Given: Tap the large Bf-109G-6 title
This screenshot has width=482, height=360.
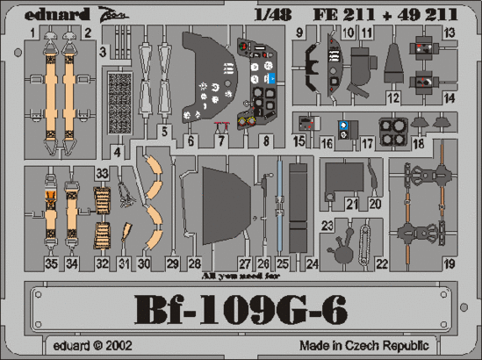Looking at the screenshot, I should [x=241, y=309].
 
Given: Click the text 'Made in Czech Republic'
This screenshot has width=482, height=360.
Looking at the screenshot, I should [x=399, y=345].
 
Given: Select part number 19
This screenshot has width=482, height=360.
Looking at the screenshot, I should [x=450, y=262].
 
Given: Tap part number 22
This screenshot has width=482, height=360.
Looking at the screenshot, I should [x=381, y=263].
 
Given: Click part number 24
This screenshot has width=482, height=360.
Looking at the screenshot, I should [x=312, y=263].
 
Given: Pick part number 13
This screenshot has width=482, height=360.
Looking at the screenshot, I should [x=450, y=33].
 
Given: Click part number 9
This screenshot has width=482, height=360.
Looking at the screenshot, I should [x=299, y=33].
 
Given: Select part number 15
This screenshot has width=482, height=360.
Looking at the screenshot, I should [x=299, y=140].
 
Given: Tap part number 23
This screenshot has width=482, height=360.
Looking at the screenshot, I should [x=327, y=226].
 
